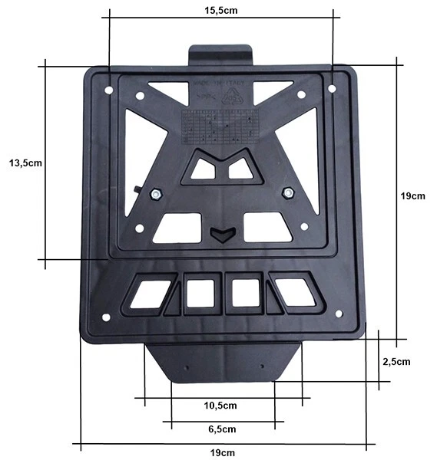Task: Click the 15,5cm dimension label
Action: [220, 12]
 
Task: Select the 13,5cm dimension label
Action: [23, 163]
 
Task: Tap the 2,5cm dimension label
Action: [396, 360]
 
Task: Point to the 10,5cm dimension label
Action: [220, 406]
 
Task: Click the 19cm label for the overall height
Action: [412, 196]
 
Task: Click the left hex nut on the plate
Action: [154, 194]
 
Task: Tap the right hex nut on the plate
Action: [289, 192]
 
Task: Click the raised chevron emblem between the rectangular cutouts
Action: [221, 234]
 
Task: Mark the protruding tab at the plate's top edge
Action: [221, 56]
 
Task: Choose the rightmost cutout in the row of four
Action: [295, 292]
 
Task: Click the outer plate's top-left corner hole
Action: [108, 90]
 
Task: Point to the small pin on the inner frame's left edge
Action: [136, 189]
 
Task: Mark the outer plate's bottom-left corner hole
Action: [106, 317]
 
